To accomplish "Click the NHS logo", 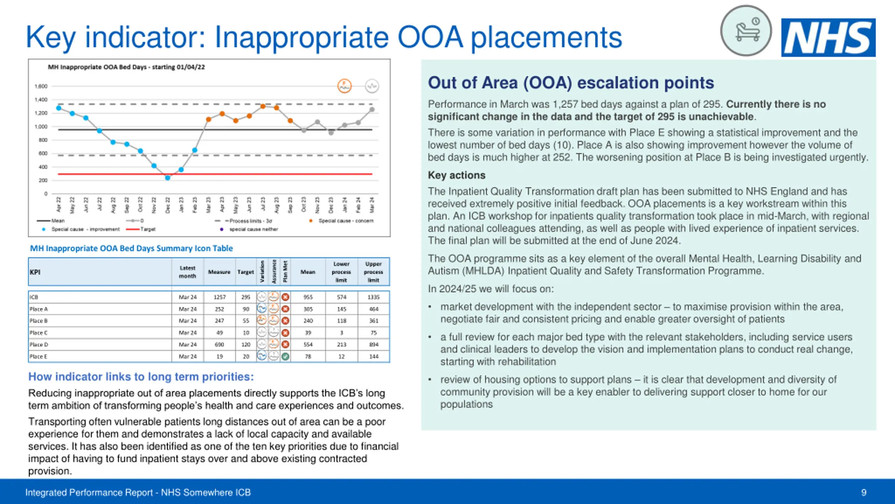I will click(828, 37).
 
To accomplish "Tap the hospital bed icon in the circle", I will click(746, 31).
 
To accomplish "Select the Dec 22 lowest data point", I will click(167, 178).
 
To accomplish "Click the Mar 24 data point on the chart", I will click(372, 110).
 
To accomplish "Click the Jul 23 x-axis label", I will click(263, 205).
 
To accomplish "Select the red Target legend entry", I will click(141, 229).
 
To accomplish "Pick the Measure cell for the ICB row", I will click(220, 297).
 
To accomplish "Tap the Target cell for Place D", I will click(246, 344).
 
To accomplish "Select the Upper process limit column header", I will click(373, 272).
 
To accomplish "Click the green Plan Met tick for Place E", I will click(285, 356).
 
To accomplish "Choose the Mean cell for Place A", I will click(308, 309).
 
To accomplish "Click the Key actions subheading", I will click(457, 175).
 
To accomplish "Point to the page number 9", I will click(864, 492).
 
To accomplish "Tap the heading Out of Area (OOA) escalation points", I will click(571, 83).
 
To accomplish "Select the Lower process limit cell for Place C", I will click(341, 332).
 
